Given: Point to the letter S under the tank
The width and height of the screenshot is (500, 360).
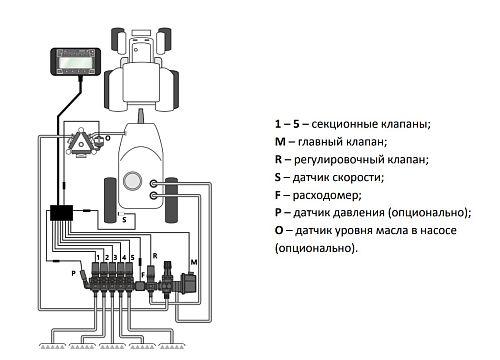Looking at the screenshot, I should [125, 221].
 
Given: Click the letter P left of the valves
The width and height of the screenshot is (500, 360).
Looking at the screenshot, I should [72, 271].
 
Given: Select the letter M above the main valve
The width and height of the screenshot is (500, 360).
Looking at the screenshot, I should [193, 260].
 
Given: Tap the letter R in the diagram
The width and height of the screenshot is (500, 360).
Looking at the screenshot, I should [156, 256].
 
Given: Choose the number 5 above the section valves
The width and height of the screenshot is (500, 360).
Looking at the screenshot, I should [132, 258].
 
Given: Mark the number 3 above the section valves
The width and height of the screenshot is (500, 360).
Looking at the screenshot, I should [114, 258].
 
